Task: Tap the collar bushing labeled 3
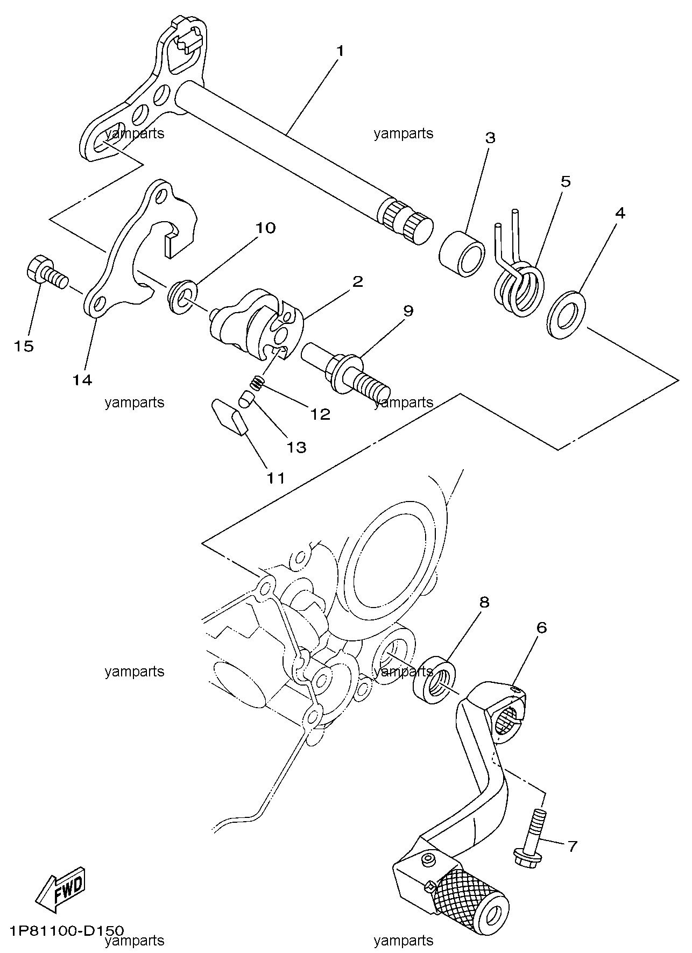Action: tap(462, 252)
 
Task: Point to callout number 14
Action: tap(82, 380)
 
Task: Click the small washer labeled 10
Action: tap(182, 297)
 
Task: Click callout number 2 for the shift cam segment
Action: tap(357, 281)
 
